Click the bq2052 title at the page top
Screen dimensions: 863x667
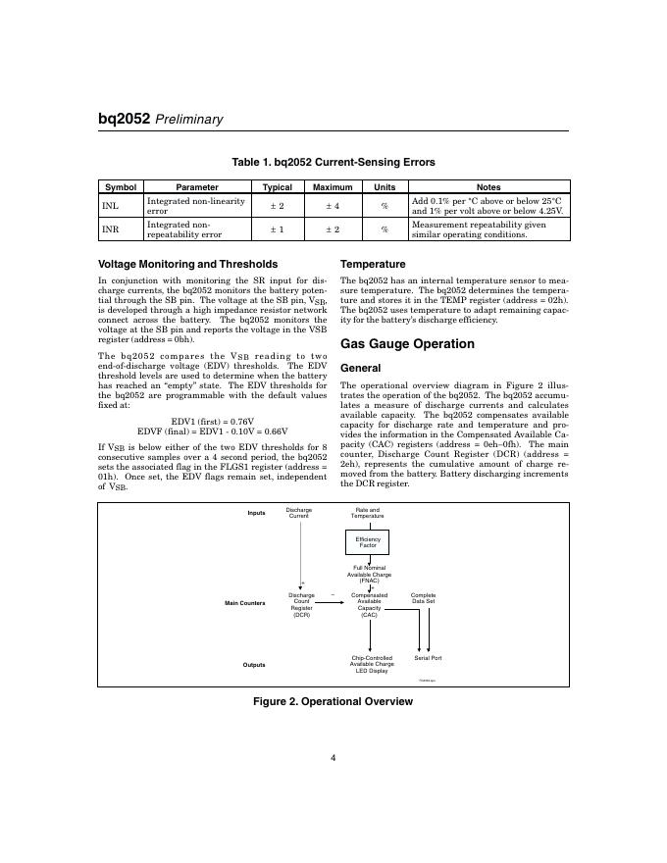click(124, 119)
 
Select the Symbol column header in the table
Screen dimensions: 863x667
click(121, 186)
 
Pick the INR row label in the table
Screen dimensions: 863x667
click(110, 229)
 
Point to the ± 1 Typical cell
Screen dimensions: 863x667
click(277, 229)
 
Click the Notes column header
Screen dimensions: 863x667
click(487, 186)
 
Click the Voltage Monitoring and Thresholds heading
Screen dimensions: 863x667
click(188, 264)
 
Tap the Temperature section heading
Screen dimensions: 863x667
click(372, 264)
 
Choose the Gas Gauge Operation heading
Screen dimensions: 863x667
click(406, 344)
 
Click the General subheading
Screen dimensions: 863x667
click(360, 368)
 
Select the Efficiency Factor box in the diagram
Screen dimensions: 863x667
click(368, 542)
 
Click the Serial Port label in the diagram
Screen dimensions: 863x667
click(428, 658)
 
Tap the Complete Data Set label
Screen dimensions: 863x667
click(423, 598)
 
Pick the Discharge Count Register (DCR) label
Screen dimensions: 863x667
click(301, 605)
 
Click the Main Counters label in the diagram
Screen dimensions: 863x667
click(245, 602)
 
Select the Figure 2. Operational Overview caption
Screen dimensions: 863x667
click(333, 701)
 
